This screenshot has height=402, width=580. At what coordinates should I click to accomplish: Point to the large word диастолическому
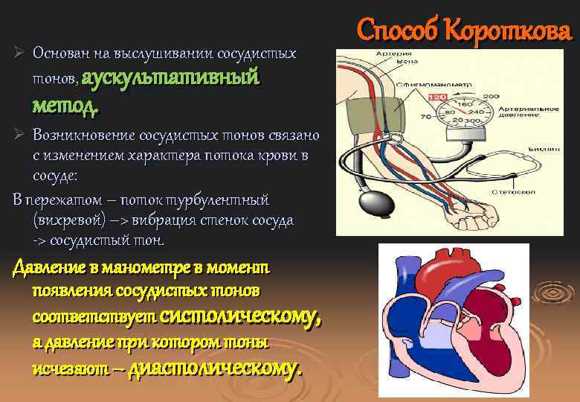[216, 368]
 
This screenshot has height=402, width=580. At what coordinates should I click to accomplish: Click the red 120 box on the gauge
[436, 97]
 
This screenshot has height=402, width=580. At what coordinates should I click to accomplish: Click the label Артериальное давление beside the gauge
[531, 112]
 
